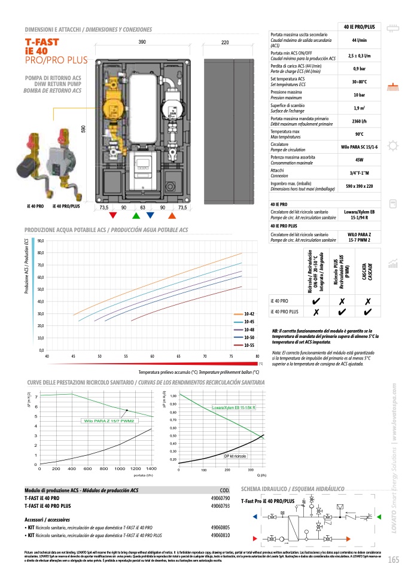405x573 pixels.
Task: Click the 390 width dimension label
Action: [x=142, y=42]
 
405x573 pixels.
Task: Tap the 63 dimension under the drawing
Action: [x=143, y=207]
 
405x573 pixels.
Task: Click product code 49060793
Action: [x=221, y=505]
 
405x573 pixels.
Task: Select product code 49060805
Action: [x=221, y=528]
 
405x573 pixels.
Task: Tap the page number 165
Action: [x=393, y=560]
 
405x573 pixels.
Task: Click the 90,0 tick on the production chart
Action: [x=41, y=241]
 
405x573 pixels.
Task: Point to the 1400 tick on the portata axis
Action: [x=151, y=469]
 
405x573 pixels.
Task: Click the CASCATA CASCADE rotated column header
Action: [x=367, y=273]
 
